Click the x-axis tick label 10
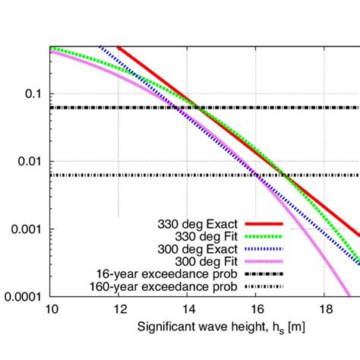(x=52, y=311)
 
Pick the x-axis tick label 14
(x=187, y=311)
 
